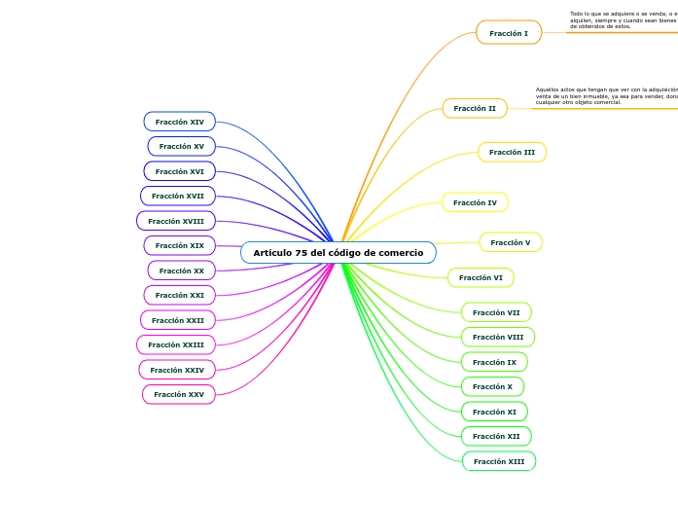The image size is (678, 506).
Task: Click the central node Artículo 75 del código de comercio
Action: (x=339, y=253)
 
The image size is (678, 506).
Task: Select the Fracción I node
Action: (x=509, y=33)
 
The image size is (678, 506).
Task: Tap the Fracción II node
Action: (x=475, y=108)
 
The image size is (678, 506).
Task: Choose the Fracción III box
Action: (x=512, y=152)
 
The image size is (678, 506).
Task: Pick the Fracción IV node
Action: (x=475, y=202)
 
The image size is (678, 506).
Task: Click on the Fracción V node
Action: (x=511, y=242)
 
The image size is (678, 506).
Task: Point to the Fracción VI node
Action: (x=481, y=277)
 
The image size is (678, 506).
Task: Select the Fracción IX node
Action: (x=494, y=362)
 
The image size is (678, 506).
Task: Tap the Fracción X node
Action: (x=492, y=386)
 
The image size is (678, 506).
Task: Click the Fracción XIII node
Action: (x=499, y=461)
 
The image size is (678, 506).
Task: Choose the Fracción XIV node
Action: (x=180, y=122)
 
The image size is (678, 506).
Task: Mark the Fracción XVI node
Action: (x=180, y=171)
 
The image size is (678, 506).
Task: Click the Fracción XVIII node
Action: (x=176, y=221)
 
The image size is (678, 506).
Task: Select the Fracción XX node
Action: (x=182, y=271)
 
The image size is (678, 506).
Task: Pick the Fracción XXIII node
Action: (x=176, y=344)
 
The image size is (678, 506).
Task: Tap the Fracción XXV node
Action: (x=179, y=394)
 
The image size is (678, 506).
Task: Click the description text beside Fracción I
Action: (x=623, y=20)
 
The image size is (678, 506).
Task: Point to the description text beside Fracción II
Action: (x=605, y=95)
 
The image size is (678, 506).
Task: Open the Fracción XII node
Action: (x=496, y=436)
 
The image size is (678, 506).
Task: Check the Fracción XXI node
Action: (x=180, y=295)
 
